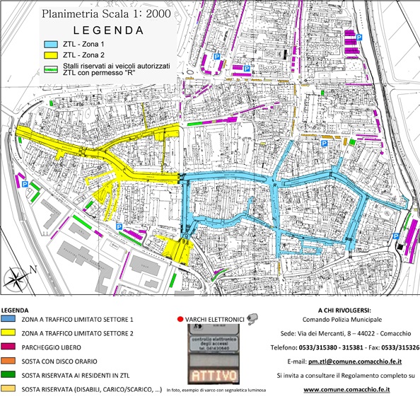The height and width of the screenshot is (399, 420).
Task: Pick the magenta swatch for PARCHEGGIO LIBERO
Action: click(10, 347)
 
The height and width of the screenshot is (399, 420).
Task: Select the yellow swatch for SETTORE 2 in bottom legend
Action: click(10, 334)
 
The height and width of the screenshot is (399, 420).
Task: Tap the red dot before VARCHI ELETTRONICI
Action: click(181, 319)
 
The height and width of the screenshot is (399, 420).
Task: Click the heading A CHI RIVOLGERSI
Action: click(344, 311)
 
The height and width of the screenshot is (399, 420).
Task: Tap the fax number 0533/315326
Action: click(399, 347)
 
